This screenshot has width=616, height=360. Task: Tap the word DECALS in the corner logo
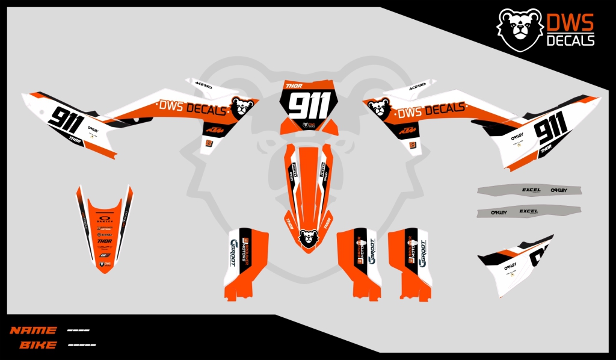570,40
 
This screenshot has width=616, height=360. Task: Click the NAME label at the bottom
33,331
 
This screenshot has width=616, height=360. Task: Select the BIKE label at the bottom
38,345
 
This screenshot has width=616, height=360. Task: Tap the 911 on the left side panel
66,121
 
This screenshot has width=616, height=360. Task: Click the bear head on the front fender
307,238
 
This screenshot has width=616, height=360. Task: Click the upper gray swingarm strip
529,190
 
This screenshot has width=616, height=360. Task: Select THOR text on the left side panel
75,140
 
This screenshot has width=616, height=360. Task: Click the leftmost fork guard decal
245,262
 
